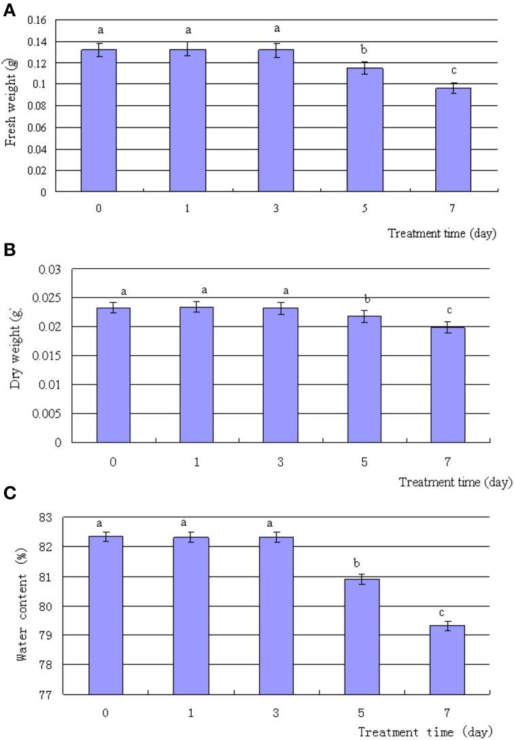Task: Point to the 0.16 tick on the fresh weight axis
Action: click(x=37, y=20)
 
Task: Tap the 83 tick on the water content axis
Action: click(x=48, y=517)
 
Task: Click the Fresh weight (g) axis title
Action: click(x=12, y=103)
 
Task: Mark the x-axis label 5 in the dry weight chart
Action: click(x=364, y=461)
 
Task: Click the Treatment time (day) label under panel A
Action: click(x=442, y=234)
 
